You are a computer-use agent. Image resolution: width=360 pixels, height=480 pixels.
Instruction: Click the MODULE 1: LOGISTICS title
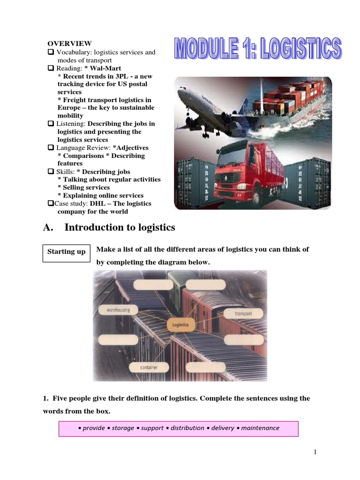point(258,55)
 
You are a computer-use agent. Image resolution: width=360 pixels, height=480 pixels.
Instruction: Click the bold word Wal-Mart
point(109,68)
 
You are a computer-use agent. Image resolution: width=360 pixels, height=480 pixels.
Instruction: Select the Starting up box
point(67,252)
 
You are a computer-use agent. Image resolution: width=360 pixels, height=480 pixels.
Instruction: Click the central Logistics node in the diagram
point(180,324)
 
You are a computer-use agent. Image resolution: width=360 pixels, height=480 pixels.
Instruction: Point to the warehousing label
point(115,310)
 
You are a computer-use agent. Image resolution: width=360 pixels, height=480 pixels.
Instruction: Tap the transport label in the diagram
point(243,313)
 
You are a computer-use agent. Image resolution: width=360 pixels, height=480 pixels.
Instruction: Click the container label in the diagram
point(149,367)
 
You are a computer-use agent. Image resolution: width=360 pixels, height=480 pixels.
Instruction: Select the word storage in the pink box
point(122,427)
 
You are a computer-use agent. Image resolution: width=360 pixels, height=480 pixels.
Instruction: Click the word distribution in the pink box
point(187,427)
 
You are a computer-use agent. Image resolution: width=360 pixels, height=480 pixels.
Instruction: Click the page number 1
point(315,452)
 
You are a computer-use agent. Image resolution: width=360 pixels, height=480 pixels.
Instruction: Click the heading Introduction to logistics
point(120,227)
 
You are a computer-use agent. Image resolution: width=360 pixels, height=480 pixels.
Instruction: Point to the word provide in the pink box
point(94,427)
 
